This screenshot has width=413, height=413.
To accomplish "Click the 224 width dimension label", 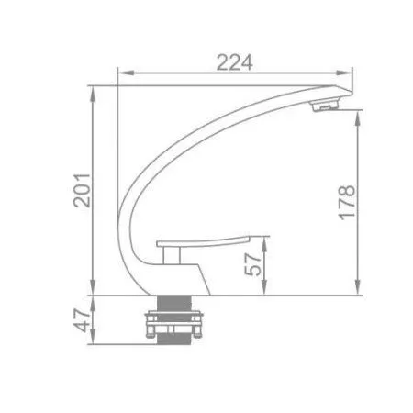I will pos(234,61).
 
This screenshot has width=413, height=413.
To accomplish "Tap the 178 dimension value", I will pos(346,201).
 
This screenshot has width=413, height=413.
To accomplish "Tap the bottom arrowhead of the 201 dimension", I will pos(93,292).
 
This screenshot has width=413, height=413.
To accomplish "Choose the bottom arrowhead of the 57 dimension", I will pos(265,292).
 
